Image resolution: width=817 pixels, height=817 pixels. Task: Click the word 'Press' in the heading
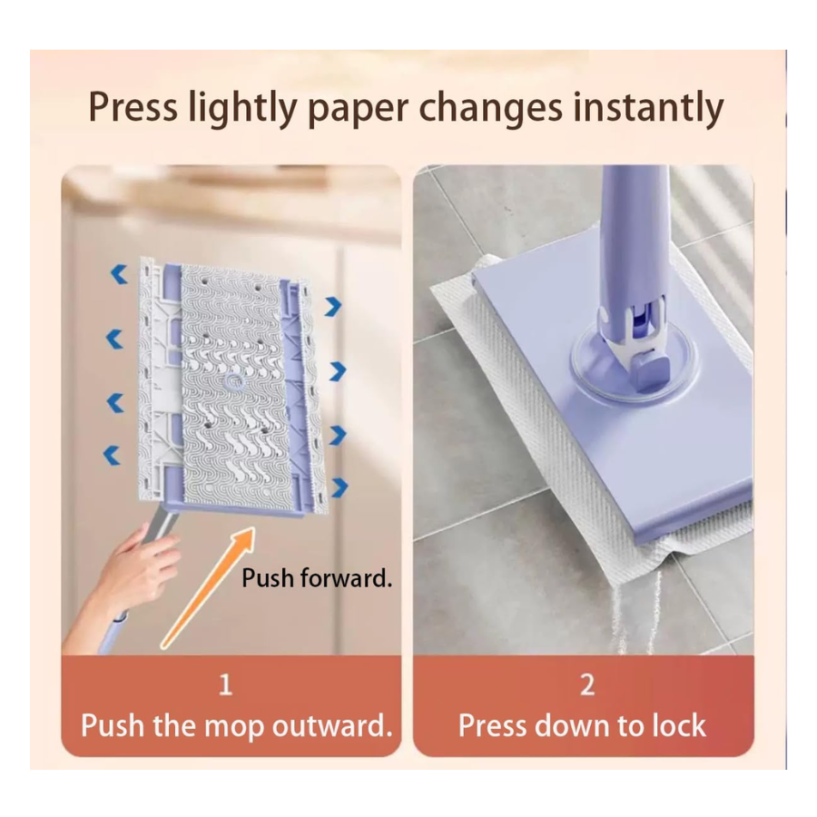[133, 107]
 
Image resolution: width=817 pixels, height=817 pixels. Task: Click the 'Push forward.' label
[317, 578]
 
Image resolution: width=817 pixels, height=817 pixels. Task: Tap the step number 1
[225, 684]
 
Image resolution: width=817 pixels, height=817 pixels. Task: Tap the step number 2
[587, 684]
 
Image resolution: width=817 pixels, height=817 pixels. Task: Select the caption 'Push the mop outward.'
[237, 725]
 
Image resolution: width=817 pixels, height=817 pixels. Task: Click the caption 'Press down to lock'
[582, 725]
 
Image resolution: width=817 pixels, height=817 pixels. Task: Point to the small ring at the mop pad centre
[234, 382]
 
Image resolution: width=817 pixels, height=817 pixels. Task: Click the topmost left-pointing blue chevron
[119, 274]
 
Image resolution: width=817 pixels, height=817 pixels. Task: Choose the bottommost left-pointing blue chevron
[112, 455]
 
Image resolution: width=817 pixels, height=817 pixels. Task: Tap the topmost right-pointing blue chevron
[333, 307]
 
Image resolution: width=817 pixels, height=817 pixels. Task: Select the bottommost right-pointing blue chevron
[340, 487]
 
